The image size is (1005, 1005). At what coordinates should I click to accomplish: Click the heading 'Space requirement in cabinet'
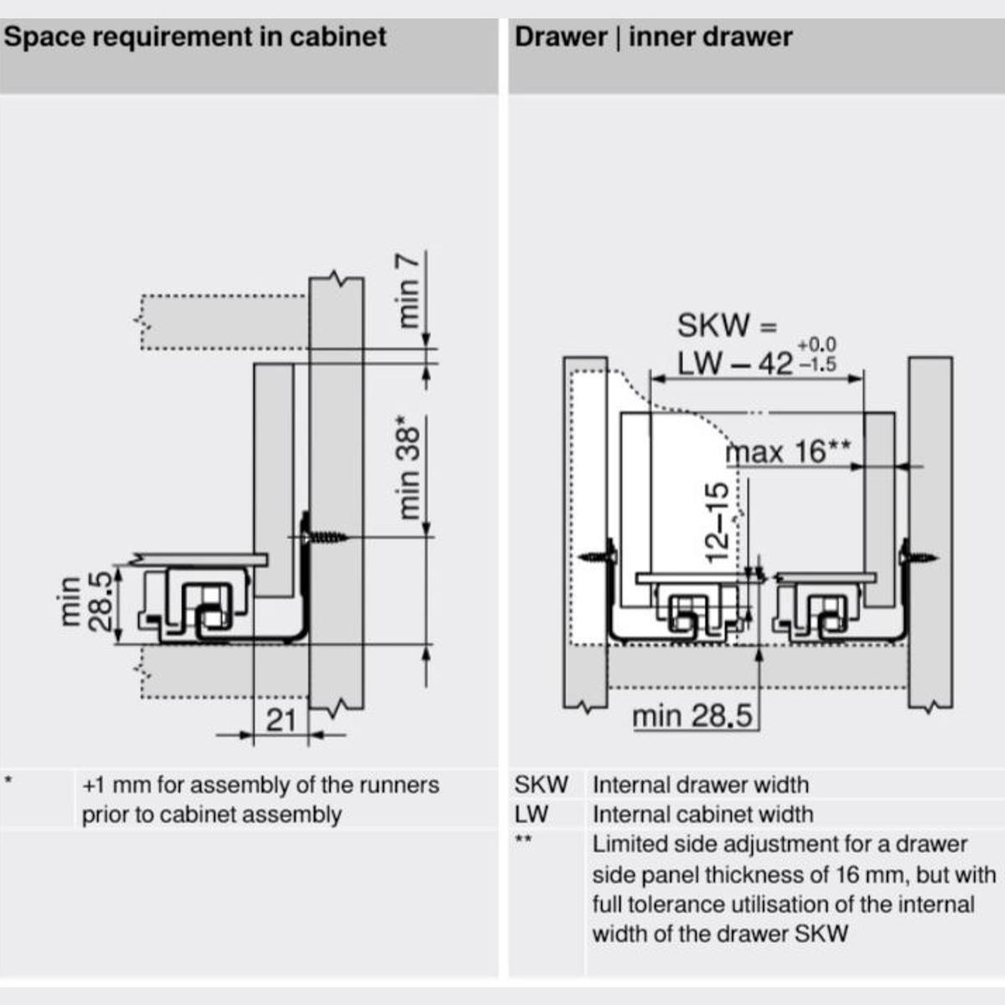(x=194, y=38)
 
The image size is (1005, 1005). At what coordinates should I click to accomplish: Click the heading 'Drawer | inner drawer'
(x=653, y=38)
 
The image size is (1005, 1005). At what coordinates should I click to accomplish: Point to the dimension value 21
(x=281, y=719)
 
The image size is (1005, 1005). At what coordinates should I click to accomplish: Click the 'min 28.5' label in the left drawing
(x=85, y=603)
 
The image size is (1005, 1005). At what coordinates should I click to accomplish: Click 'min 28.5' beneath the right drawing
(x=692, y=717)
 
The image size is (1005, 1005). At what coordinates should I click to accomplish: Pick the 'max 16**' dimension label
(x=788, y=451)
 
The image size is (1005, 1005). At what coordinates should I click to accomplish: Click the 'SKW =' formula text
(x=727, y=325)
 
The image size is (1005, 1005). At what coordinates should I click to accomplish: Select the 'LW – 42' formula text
(x=734, y=363)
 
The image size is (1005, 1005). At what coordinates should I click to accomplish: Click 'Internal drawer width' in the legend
(x=700, y=785)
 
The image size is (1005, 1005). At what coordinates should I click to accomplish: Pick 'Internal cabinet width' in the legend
(x=703, y=814)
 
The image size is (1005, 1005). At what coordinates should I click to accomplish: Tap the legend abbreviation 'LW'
(x=532, y=814)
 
